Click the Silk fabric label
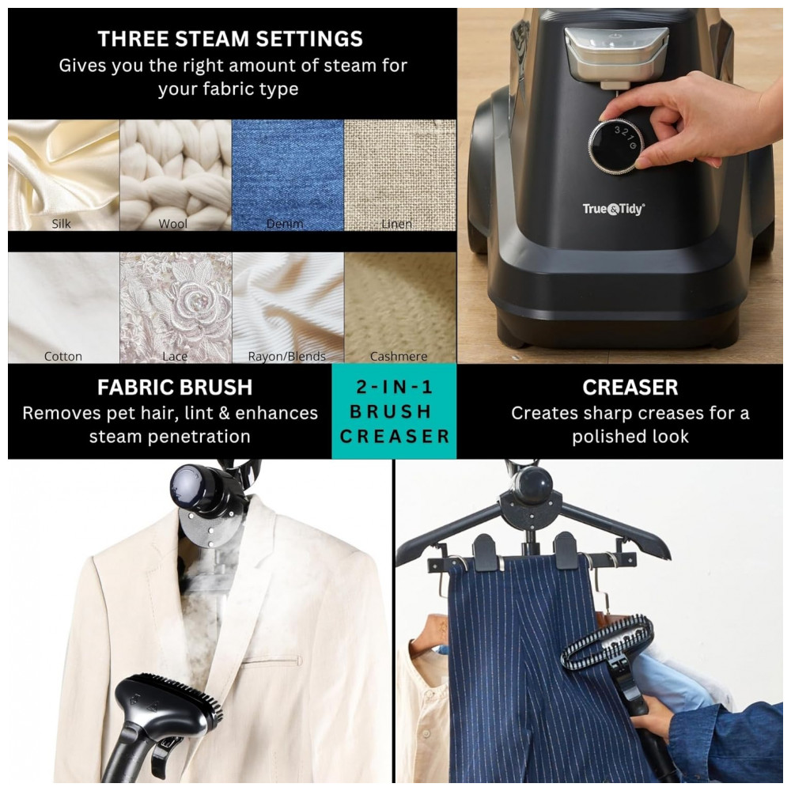[61, 224]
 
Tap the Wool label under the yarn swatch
[173, 224]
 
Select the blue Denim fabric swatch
[288, 175]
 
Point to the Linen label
[396, 224]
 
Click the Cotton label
[63, 356]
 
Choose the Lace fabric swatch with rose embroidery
[176, 307]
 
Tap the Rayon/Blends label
[286, 356]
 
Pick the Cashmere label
[399, 356]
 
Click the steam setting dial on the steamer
[616, 144]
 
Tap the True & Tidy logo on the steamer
[614, 209]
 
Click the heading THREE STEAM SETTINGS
[230, 39]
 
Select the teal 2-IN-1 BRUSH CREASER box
[394, 411]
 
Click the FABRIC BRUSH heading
[175, 388]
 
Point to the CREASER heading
[630, 388]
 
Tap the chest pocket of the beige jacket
[272, 660]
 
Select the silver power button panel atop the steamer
[615, 55]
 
